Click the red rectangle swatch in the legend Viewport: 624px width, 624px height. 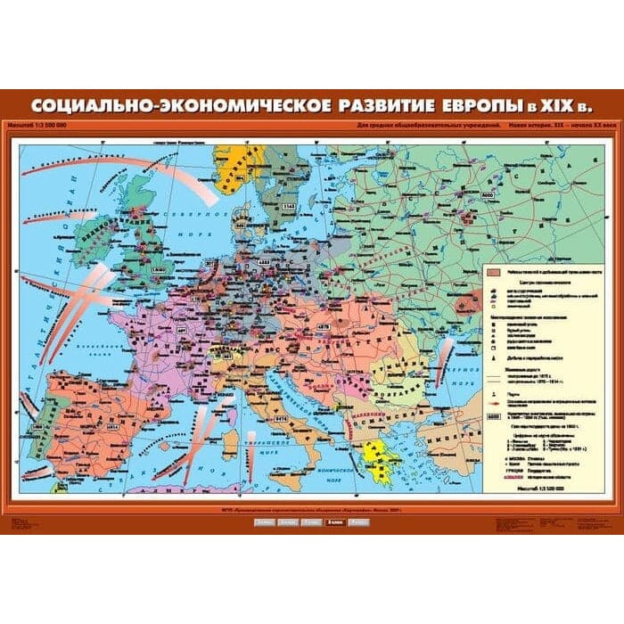(492, 270)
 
